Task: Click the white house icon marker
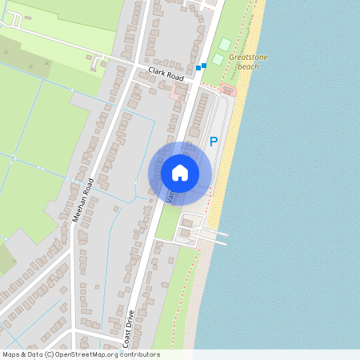coord(180,173)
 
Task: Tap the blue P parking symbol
coord(214,142)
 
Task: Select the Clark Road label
coord(166,75)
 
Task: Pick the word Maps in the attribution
coord(11,354)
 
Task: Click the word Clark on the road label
coord(158,72)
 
